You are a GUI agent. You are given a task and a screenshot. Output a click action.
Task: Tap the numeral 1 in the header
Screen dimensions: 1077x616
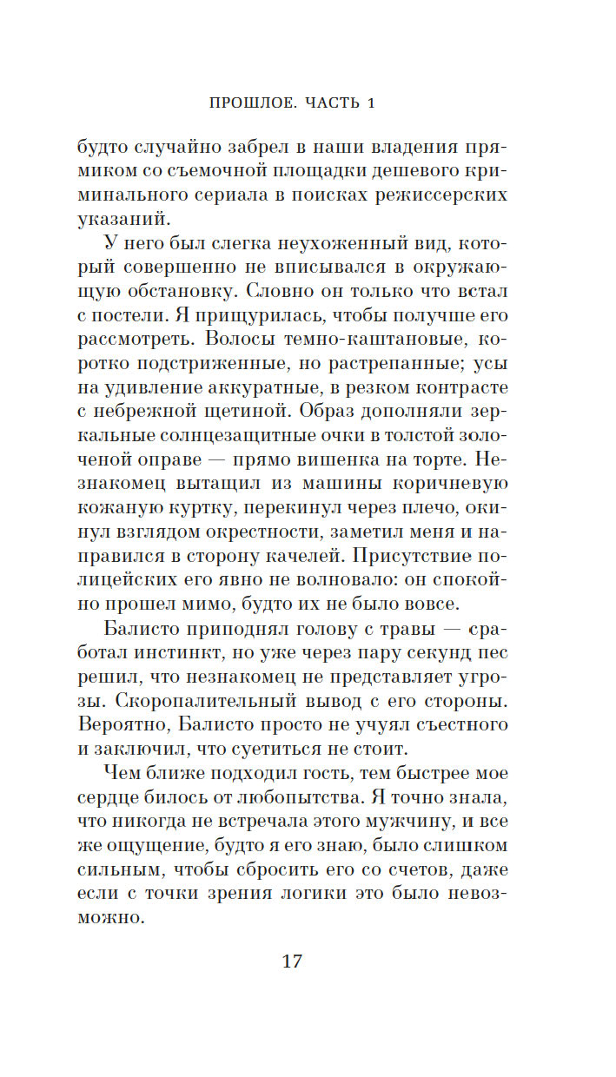(370, 103)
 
